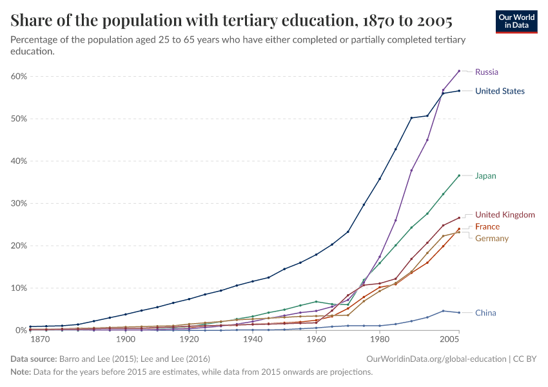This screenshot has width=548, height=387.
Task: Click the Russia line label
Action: coord(486,72)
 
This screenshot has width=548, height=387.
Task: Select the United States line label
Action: coord(500,91)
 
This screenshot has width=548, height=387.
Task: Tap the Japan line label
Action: coord(485,176)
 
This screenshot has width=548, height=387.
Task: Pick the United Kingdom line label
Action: coord(505,215)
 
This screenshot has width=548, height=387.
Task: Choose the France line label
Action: coord(487,227)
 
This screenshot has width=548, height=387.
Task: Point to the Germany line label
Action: coord(491,239)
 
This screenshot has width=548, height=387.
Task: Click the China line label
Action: coord(485,313)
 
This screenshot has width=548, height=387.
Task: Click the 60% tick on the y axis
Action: coord(19,76)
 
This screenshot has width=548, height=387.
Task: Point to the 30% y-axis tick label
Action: coord(19,203)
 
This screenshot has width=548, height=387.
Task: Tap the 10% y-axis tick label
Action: coord(19,288)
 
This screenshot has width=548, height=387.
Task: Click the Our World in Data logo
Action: coord(516,21)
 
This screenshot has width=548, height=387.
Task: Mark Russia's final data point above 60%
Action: coord(459,71)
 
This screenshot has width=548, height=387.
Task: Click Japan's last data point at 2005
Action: coord(459,175)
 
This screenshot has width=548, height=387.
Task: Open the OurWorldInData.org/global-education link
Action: coord(436,358)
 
